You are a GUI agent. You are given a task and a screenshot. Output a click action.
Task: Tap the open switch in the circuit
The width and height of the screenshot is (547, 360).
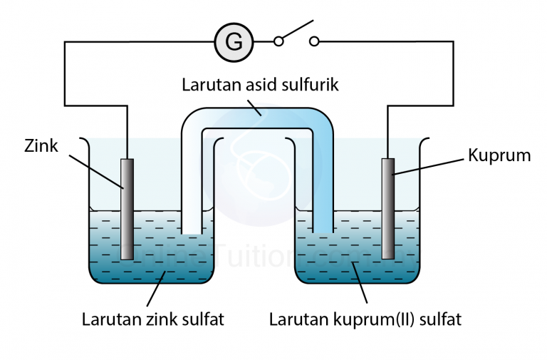coord(296,35)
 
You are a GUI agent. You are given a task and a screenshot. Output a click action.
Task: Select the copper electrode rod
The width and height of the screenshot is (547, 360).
coord(388,208)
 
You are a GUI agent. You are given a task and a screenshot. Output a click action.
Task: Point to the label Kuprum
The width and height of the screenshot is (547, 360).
coord(499,155)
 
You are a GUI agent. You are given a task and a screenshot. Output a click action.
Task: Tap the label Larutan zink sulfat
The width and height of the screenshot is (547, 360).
coord(152,319)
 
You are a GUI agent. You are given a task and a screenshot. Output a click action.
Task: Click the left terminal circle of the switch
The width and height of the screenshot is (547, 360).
coord(278,41)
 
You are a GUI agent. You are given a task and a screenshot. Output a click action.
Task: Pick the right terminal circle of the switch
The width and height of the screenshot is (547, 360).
coord(314,41)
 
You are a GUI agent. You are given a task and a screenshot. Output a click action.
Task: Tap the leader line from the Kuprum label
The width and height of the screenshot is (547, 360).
coord(430,165)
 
